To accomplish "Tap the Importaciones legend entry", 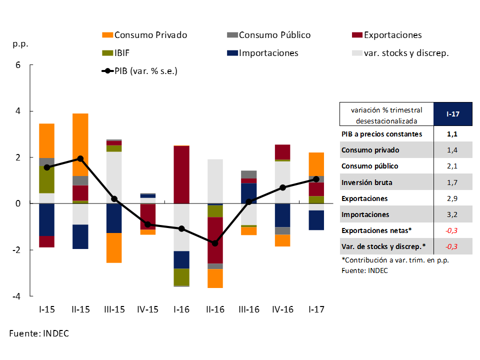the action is (x=268, y=53).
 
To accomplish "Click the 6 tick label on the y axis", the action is (x=19, y=65).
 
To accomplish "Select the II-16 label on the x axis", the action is (x=215, y=309).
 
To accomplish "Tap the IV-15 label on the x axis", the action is (x=147, y=309).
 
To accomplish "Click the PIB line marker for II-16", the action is (x=215, y=243).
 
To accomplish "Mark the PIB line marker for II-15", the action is (x=80, y=158).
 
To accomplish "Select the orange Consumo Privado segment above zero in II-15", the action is (x=80, y=144).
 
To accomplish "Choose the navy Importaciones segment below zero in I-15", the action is (x=47, y=219).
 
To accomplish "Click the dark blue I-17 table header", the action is (x=452, y=114).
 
